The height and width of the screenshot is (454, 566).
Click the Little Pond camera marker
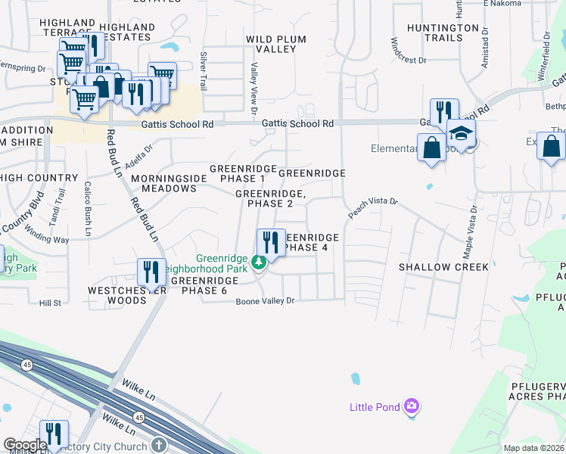(412, 407)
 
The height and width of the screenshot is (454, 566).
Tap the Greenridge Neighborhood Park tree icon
(259, 263)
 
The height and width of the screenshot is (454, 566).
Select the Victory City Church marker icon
(158, 445)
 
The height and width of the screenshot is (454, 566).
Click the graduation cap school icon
(461, 134)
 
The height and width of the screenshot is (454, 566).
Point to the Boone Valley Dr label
(263, 301)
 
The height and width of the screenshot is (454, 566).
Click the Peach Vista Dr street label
(372, 210)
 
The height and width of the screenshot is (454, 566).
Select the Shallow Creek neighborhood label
(443, 267)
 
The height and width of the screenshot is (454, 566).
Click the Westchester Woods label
(117, 295)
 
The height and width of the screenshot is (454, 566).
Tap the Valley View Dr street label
(254, 86)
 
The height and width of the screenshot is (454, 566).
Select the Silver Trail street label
(203, 71)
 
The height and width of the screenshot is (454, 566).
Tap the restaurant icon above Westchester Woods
(151, 272)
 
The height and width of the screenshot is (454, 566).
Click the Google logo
(25, 446)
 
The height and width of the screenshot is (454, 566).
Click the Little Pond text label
(375, 407)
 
